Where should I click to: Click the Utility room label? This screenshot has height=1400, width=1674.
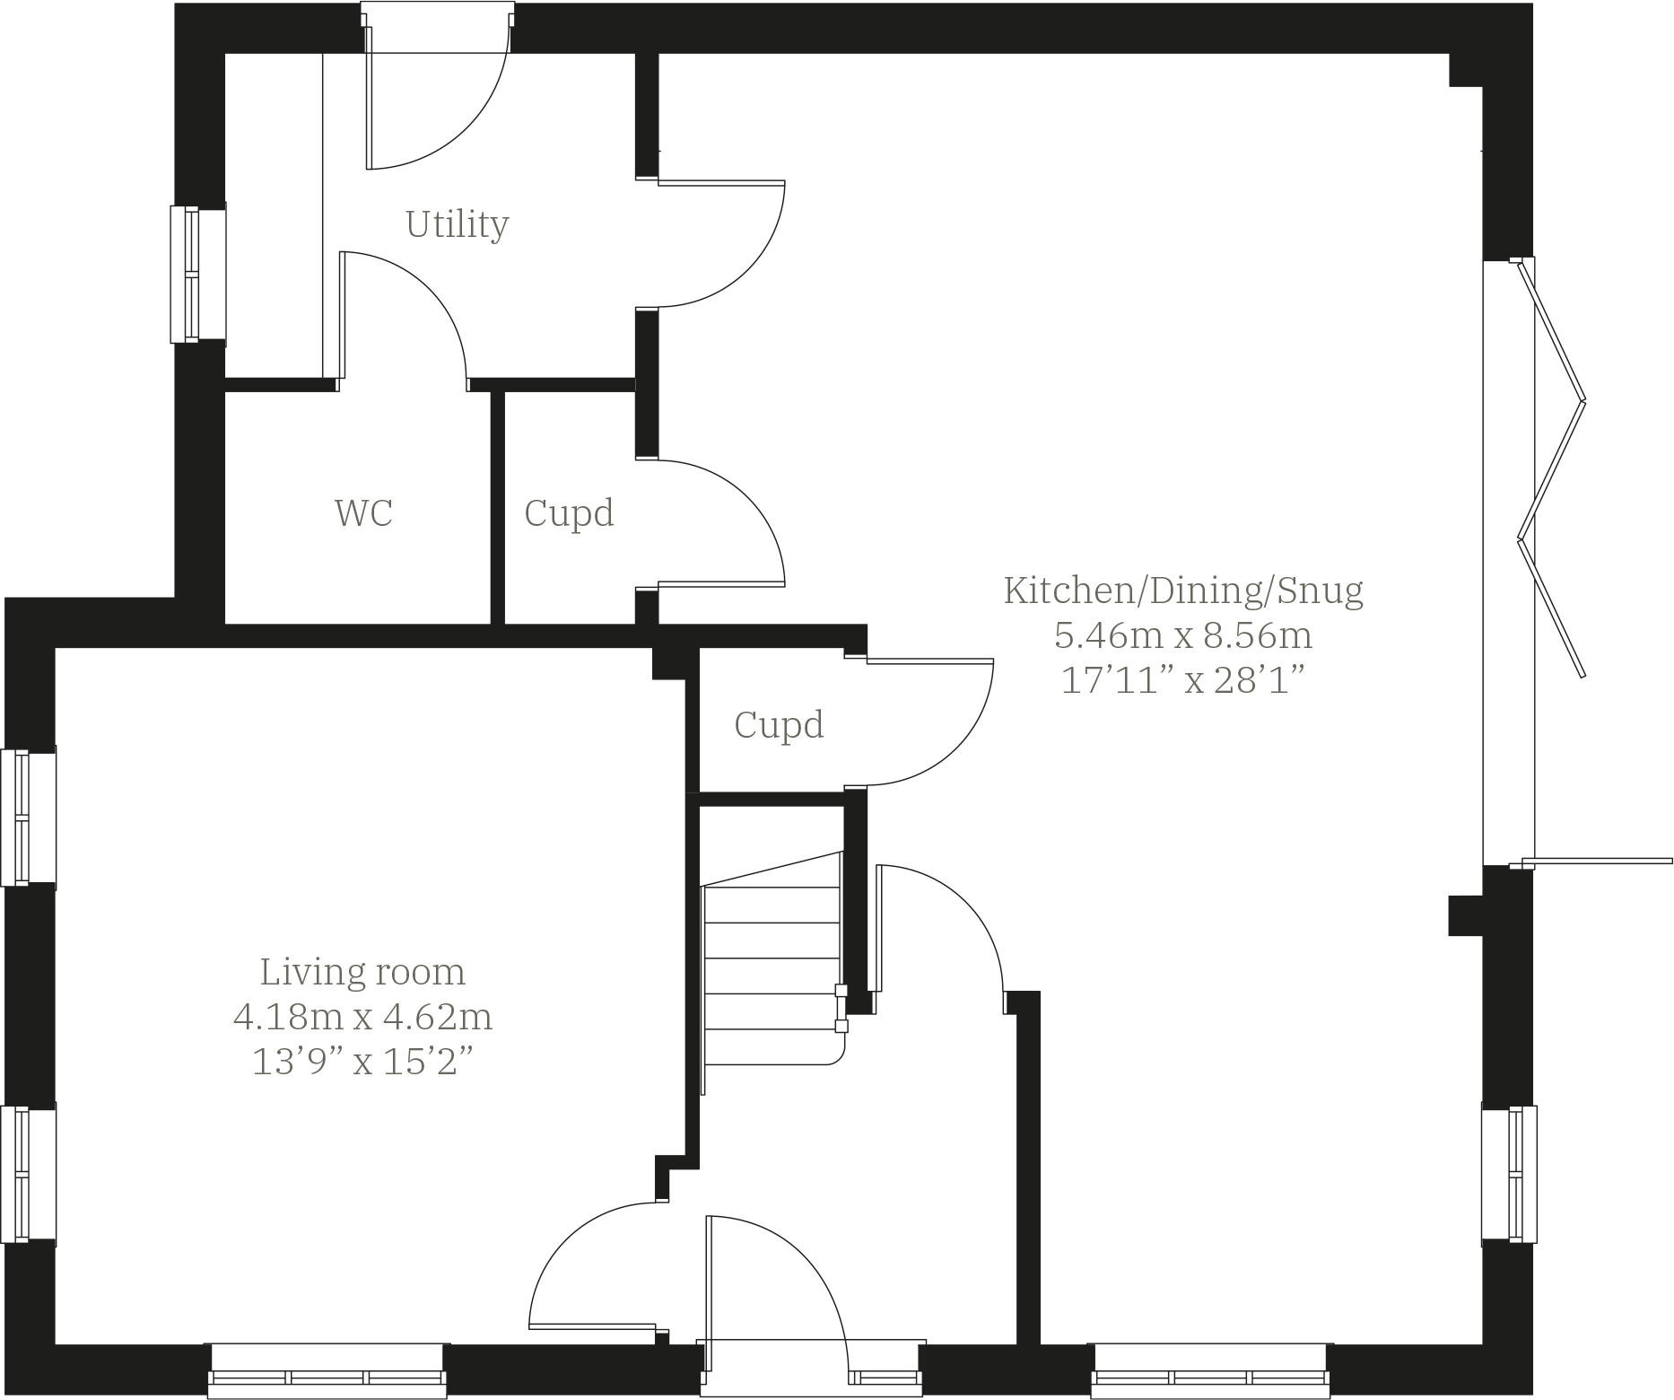(x=457, y=223)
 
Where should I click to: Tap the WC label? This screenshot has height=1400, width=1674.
(x=363, y=513)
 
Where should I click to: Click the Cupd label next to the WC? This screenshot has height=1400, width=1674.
(x=569, y=513)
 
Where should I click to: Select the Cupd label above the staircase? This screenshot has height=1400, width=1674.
(x=779, y=725)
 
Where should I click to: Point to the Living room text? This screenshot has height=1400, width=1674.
(x=362, y=972)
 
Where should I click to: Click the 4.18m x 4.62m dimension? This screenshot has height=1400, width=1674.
(x=362, y=1018)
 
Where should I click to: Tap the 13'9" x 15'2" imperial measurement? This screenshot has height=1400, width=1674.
(x=362, y=1063)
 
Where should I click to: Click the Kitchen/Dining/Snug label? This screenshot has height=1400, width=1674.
(x=1182, y=591)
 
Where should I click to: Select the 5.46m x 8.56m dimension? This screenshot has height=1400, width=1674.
(x=1182, y=636)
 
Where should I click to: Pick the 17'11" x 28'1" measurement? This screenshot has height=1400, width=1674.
(x=1182, y=681)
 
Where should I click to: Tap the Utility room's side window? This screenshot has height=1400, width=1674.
(x=197, y=274)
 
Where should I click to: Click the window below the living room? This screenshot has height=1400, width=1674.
(x=327, y=1369)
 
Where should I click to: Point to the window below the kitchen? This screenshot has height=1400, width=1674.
(x=1210, y=1369)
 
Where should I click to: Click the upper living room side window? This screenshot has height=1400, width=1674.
(x=28, y=818)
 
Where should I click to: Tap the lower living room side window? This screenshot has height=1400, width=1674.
(x=28, y=1173)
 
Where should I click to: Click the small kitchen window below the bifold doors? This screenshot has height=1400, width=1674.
(x=1510, y=1175)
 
